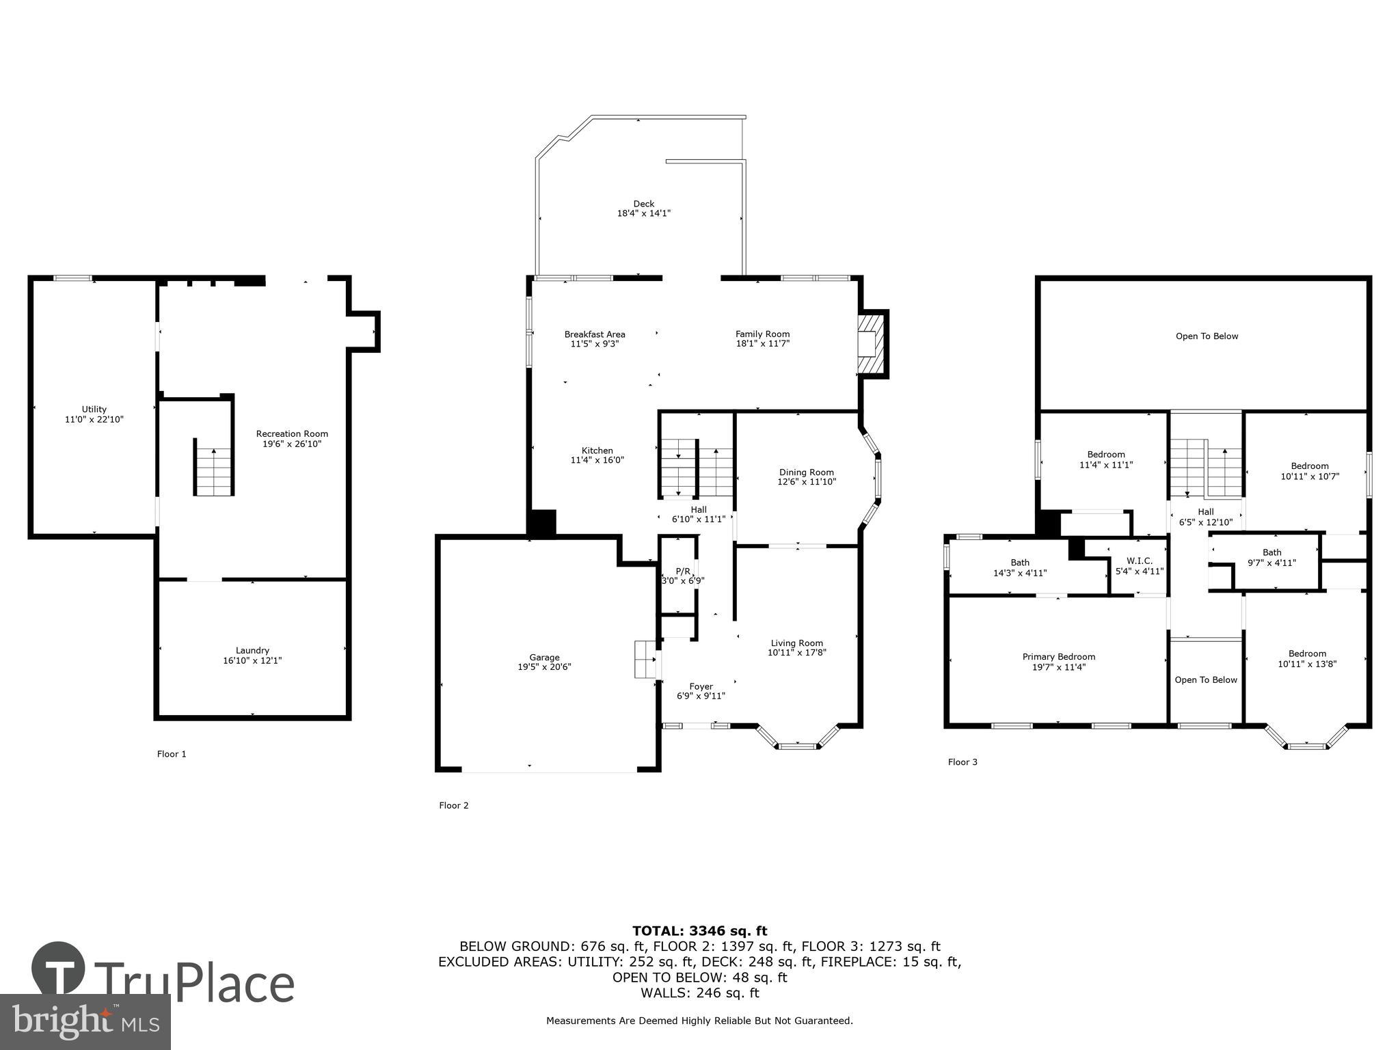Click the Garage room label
pyautogui.click(x=544, y=657)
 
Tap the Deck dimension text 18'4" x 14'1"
pyautogui.click(x=643, y=213)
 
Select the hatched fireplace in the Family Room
pyautogui.click(x=872, y=344)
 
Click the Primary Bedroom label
pyautogui.click(x=1058, y=656)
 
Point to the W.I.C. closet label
pyautogui.click(x=1139, y=561)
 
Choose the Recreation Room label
pyautogui.click(x=292, y=433)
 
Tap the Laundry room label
pyautogui.click(x=252, y=650)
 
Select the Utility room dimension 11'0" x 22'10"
pyautogui.click(x=94, y=420)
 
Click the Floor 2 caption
pyautogui.click(x=453, y=805)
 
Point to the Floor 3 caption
pyautogui.click(x=962, y=762)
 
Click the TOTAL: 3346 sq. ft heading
pyautogui.click(x=699, y=930)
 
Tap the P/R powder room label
pyautogui.click(x=683, y=571)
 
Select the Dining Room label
pyautogui.click(x=806, y=472)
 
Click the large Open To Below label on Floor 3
pyautogui.click(x=1207, y=336)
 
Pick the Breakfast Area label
pyautogui.click(x=594, y=334)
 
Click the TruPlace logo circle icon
pyautogui.click(x=58, y=968)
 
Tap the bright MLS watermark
pyautogui.click(x=85, y=1021)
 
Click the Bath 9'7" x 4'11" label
pyautogui.click(x=1271, y=552)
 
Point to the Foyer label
pyautogui.click(x=701, y=686)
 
